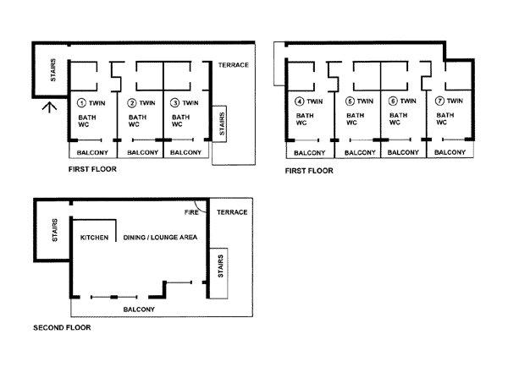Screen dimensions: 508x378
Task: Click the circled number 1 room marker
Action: click(x=81, y=103)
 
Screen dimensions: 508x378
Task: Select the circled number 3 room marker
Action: click(x=174, y=103)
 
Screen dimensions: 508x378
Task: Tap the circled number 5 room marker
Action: click(x=350, y=101)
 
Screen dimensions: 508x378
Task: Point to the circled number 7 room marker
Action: click(x=439, y=101)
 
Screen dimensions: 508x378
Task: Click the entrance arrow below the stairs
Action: click(x=50, y=107)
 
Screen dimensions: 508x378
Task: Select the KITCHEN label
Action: click(x=94, y=238)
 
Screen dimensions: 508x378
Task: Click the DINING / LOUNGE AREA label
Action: click(x=160, y=238)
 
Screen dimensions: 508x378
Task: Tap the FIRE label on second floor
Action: click(x=191, y=212)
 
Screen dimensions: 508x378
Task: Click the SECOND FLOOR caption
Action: click(x=62, y=327)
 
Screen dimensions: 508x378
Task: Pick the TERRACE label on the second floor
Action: click(x=232, y=212)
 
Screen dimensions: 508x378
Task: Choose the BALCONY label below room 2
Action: click(x=142, y=152)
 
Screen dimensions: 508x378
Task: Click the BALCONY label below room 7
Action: click(x=450, y=152)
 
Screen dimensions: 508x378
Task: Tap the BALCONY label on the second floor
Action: click(x=139, y=310)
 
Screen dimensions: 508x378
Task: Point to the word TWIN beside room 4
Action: click(x=315, y=101)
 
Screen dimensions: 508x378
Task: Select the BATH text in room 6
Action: click(x=399, y=115)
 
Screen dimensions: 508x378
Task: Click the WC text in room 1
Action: click(x=84, y=124)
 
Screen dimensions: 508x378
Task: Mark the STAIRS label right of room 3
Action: click(x=222, y=123)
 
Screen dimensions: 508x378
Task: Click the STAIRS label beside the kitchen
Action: click(x=55, y=230)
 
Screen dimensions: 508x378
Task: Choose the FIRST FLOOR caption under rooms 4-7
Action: click(x=309, y=171)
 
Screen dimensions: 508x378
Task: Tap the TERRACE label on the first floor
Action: click(x=234, y=65)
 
